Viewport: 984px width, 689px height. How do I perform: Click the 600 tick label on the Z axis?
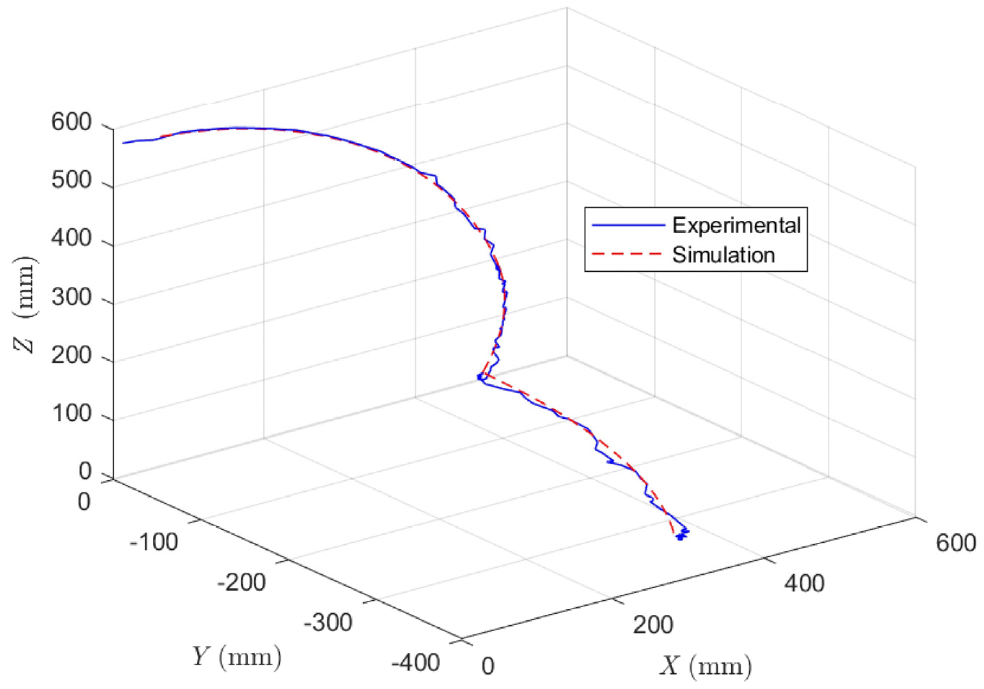(x=71, y=123)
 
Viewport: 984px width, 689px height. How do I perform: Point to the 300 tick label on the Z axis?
(x=71, y=297)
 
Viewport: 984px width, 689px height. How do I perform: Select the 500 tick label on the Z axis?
(x=71, y=181)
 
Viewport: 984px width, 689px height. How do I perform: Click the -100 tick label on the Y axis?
(x=154, y=542)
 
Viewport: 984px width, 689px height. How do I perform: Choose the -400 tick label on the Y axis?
(x=415, y=663)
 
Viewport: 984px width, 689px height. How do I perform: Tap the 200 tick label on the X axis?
(x=653, y=625)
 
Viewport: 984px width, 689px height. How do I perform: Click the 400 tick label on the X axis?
(x=805, y=583)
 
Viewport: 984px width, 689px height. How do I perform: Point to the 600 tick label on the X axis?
(x=955, y=543)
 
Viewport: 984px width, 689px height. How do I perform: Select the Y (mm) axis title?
(x=236, y=657)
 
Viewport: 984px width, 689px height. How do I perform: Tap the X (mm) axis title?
(x=705, y=667)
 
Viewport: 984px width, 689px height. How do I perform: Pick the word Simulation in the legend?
(x=723, y=255)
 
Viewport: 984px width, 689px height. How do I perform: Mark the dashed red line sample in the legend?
(x=628, y=255)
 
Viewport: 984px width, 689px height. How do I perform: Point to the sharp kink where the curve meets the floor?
(x=481, y=377)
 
